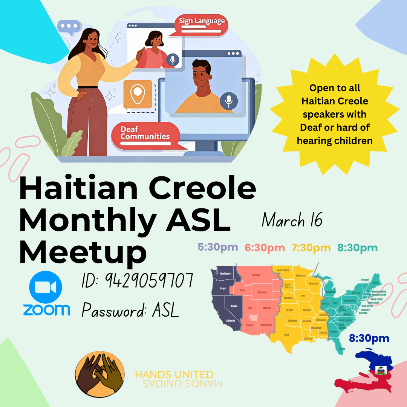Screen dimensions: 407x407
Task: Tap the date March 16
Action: tap(292, 220)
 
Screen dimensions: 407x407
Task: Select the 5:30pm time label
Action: tap(218, 247)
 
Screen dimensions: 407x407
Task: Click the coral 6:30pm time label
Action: tap(265, 248)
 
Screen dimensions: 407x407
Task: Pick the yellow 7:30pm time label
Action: tap(311, 248)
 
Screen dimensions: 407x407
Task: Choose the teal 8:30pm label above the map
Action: tap(357, 248)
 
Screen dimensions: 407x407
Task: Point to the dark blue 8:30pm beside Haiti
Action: tap(369, 338)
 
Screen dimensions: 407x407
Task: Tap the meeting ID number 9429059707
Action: tap(138, 281)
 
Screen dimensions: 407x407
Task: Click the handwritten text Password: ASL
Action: tap(130, 311)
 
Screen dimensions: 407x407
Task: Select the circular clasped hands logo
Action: tap(99, 375)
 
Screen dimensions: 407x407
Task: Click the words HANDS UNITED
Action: tap(174, 375)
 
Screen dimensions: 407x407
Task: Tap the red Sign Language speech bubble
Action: tap(202, 23)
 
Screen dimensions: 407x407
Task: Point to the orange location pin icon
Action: tap(138, 93)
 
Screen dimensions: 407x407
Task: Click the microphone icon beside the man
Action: tap(229, 101)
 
